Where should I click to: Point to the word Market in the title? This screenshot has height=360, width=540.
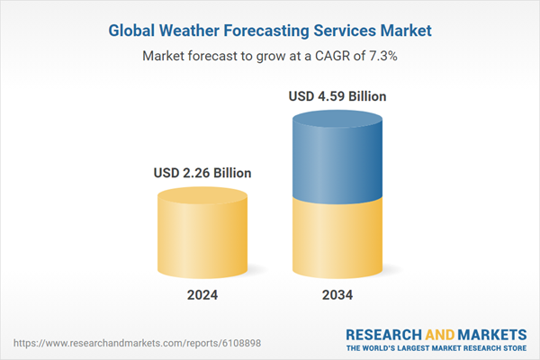[x=402, y=31]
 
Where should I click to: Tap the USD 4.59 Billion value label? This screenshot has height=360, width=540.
[x=338, y=95]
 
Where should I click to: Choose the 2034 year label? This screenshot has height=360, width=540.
[x=338, y=294]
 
